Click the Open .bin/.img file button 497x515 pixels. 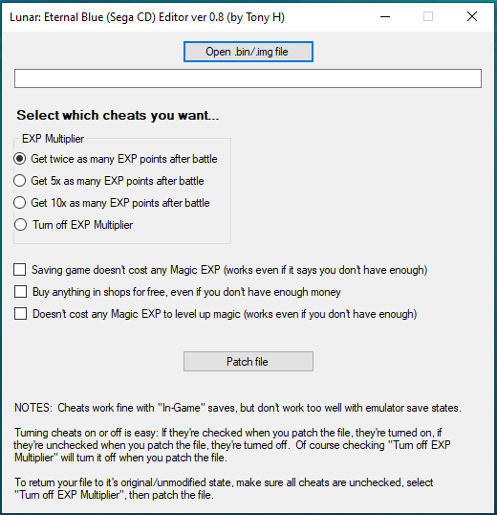(x=248, y=52)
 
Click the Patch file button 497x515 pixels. (x=248, y=361)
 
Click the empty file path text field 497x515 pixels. (x=248, y=78)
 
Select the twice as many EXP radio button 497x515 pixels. (x=20, y=159)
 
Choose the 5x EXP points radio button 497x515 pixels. (x=20, y=181)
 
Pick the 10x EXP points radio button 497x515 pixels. (x=20, y=203)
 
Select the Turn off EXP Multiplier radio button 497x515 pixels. (x=20, y=225)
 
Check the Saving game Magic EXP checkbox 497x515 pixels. (x=20, y=270)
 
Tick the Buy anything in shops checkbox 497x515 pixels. (x=20, y=292)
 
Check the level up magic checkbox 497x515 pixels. (x=20, y=314)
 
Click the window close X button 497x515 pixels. (x=472, y=16)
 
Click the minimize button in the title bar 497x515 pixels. (x=385, y=16)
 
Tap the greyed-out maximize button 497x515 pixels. (x=428, y=16)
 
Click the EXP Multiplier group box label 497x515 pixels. (x=54, y=139)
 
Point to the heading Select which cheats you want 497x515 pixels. (x=118, y=115)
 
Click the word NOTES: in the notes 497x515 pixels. (x=33, y=408)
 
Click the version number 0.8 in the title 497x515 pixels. (x=217, y=17)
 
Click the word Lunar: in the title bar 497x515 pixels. (x=25, y=17)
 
